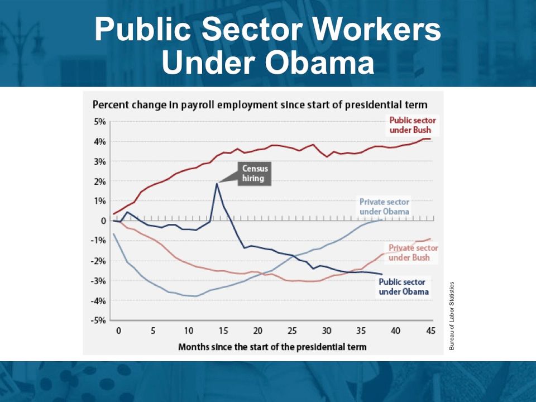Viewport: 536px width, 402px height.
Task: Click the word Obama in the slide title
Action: pos(319,63)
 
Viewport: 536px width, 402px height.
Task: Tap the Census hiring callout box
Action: pos(255,174)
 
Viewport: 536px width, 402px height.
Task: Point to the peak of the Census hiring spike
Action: pos(217,184)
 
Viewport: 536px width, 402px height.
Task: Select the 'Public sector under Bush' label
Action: pos(413,125)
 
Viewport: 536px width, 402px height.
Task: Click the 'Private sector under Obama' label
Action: pos(384,207)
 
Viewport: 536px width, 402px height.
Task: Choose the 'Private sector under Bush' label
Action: pos(413,252)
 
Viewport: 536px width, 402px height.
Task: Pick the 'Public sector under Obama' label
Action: pos(404,287)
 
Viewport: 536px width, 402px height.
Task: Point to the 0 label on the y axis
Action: pos(103,221)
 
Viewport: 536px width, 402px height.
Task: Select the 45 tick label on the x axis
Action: pos(430,331)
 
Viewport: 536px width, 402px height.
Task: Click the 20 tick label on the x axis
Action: pos(257,331)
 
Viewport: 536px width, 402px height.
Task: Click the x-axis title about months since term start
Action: pos(272,347)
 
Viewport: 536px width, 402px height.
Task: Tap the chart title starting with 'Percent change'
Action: pos(260,104)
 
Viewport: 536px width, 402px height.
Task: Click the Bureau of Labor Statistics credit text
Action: pos(452,315)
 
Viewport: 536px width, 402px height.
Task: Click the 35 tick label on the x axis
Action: pos(361,331)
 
